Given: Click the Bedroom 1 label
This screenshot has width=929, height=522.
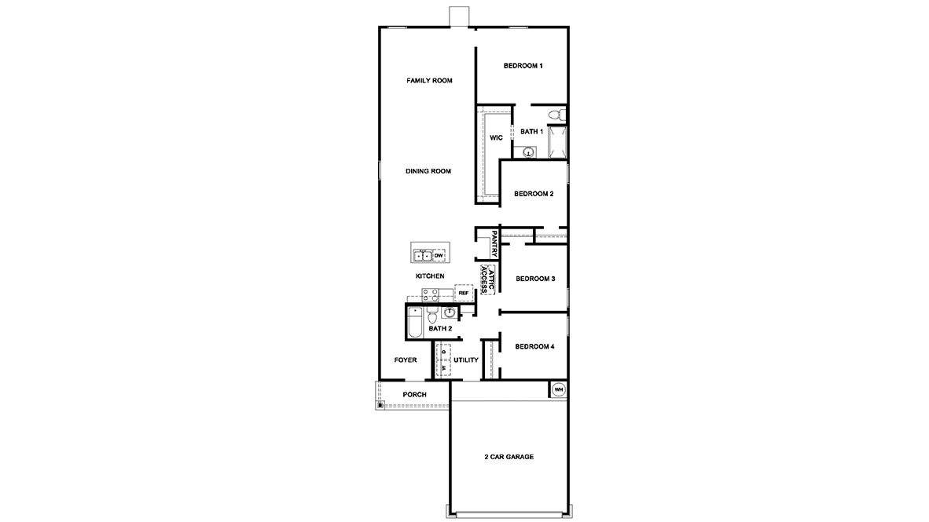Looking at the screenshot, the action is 523,66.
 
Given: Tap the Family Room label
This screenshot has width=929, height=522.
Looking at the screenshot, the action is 430,81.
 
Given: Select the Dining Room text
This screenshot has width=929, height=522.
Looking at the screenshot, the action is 428,171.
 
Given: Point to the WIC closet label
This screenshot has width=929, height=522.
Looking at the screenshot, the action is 497,138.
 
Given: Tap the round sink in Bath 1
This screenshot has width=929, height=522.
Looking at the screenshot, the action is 528,152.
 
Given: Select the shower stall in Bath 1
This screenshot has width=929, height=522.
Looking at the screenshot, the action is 557,142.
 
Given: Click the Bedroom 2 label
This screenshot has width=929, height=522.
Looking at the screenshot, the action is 534,194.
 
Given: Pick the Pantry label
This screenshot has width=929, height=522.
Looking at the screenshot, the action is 494,243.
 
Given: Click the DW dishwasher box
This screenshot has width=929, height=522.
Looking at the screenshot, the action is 439,256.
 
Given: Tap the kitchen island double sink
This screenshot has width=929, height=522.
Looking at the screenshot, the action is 422,256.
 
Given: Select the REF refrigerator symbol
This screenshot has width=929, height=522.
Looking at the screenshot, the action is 463,293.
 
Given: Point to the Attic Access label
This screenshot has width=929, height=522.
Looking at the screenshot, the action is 487,280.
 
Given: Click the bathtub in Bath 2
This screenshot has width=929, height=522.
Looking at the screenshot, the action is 415,322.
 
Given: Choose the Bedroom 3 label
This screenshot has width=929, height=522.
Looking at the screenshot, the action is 535,279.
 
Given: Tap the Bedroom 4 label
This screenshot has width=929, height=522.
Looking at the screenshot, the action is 534,347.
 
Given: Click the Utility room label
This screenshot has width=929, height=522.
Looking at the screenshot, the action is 466,360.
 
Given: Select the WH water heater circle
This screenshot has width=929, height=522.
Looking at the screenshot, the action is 559,390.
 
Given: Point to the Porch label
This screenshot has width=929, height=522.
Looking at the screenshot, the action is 415,395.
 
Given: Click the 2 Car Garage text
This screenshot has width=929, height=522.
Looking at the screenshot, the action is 509,457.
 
